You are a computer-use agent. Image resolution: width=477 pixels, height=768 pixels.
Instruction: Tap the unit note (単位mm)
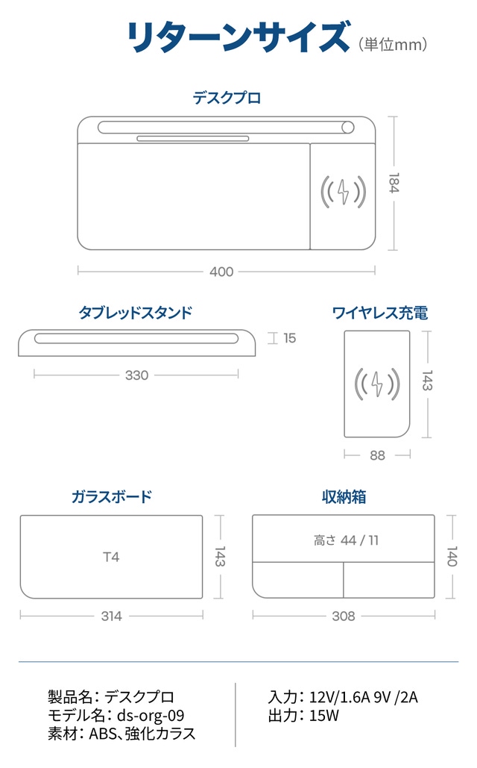393,46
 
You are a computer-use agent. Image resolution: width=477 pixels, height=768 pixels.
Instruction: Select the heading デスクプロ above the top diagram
227,97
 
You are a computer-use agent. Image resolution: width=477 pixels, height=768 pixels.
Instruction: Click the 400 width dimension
221,272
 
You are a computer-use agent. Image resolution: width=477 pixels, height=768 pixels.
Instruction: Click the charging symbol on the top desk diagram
343,191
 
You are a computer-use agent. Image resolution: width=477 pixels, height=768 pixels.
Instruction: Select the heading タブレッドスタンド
136,313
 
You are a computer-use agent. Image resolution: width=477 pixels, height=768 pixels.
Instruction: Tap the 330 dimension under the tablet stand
137,375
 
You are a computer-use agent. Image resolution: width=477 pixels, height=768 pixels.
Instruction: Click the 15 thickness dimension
289,338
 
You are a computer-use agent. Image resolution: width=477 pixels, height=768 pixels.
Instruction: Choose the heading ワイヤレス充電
380,313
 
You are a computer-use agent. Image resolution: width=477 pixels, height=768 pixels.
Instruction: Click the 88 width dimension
377,455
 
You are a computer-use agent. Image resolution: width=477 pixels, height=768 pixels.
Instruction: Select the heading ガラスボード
112,496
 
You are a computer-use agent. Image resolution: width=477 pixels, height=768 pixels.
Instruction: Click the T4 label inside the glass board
111,557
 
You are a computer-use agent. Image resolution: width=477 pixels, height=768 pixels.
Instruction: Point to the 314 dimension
111,616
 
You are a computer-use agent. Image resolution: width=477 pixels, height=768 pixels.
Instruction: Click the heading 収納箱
344,496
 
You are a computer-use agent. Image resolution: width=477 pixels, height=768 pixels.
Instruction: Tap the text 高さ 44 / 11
346,540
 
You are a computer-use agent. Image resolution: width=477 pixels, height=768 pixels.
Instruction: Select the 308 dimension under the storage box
344,616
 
